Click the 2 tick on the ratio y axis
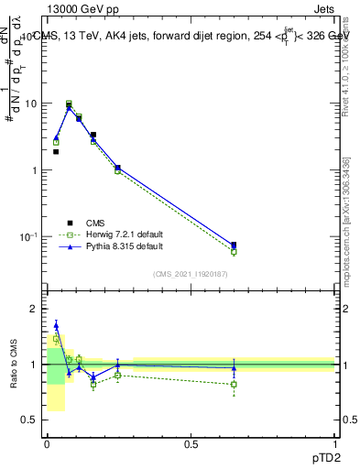pos(34,309)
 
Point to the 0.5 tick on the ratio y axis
pos(30,420)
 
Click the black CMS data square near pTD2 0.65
pos(234,245)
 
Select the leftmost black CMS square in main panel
pos(56,152)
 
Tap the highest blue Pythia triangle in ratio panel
pos(56,325)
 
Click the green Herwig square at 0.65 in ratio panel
pos(234,384)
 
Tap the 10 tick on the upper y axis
pos(32,104)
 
